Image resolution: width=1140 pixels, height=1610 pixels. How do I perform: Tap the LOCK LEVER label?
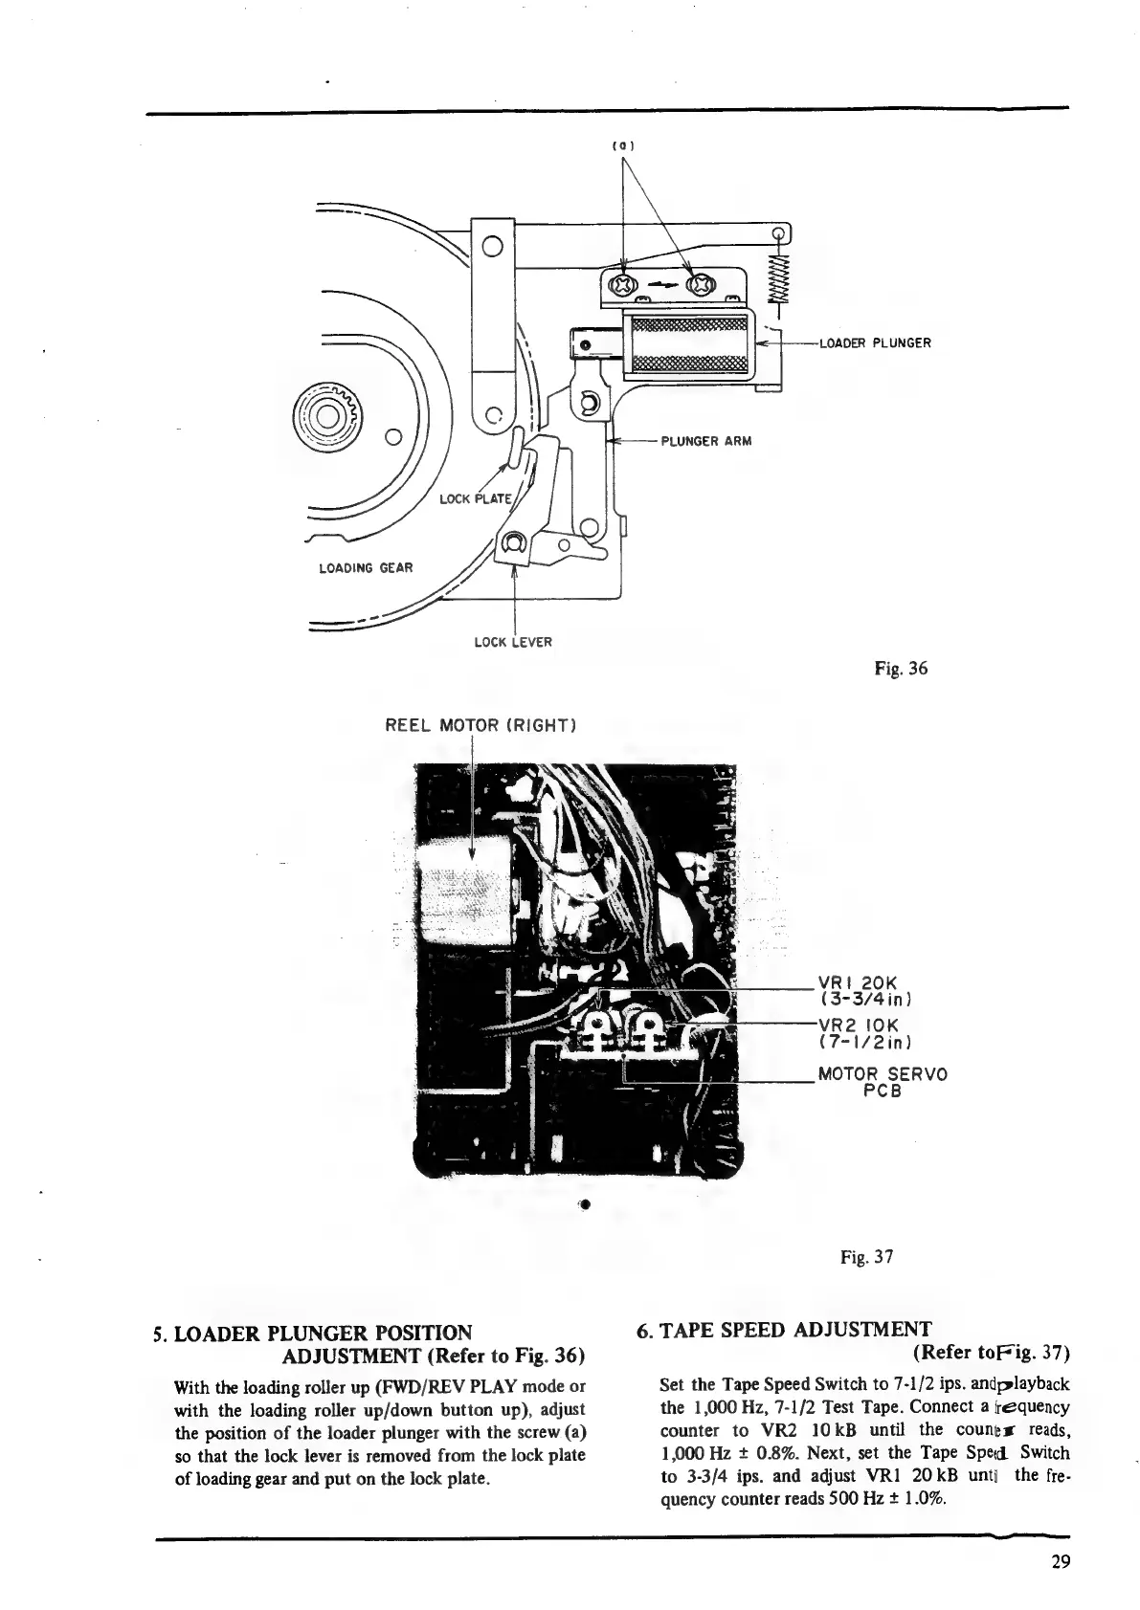click(513, 642)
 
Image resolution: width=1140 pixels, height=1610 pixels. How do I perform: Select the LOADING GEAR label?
click(366, 568)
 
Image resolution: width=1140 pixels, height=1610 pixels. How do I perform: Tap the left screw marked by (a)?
click(623, 284)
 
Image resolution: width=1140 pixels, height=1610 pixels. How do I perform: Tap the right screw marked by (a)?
click(704, 284)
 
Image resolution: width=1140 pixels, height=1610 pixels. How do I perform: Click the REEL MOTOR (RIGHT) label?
click(479, 724)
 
